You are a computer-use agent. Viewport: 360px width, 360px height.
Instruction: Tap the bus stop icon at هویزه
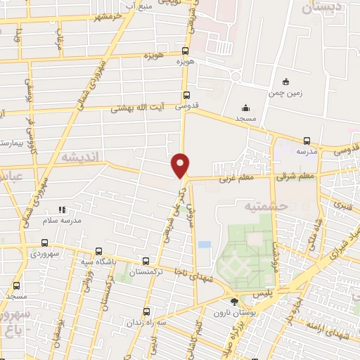tap(186, 51)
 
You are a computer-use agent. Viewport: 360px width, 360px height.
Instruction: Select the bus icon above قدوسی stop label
tap(186, 96)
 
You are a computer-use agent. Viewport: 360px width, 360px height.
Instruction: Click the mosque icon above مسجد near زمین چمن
tap(245, 108)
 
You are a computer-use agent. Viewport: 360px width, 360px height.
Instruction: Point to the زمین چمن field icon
tap(285, 82)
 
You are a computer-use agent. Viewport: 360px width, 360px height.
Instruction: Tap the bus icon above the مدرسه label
tap(306, 141)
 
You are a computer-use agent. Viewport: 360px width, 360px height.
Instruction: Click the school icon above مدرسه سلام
tap(63, 210)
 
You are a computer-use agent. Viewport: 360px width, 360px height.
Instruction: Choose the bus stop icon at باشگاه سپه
tap(98, 251)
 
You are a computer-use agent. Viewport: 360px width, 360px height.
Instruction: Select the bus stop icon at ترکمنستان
tap(146, 260)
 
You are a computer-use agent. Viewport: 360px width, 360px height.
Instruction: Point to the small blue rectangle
tap(204, 244)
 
